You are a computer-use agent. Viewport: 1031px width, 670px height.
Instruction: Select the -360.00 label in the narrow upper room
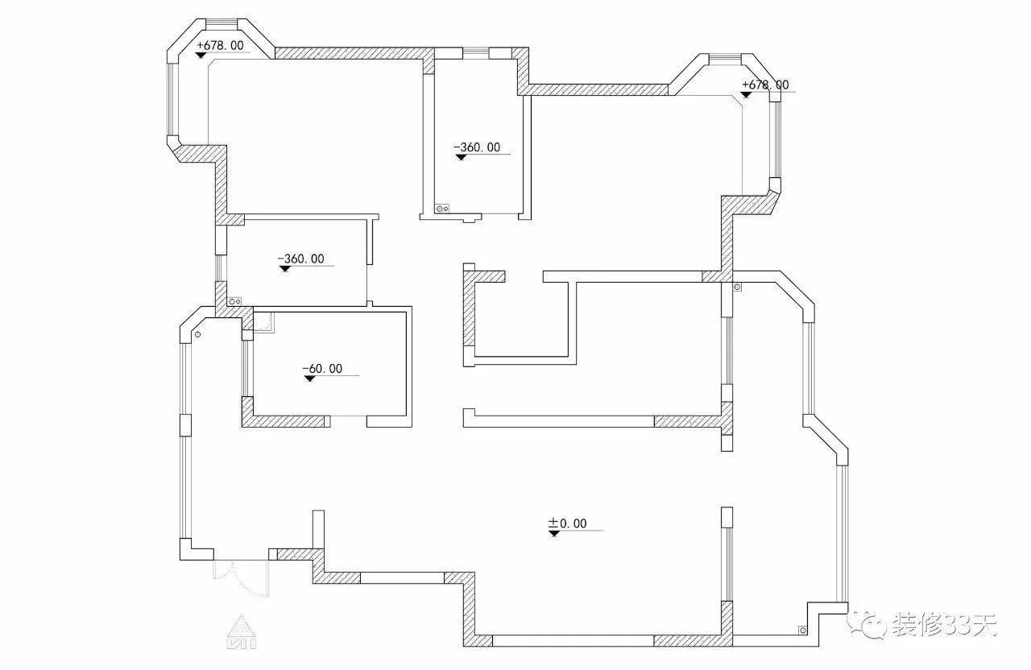click(x=477, y=147)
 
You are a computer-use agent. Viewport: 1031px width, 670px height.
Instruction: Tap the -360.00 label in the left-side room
click(x=300, y=258)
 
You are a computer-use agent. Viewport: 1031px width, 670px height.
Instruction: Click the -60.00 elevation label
click(x=322, y=369)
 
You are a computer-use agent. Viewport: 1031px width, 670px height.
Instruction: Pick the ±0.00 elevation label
click(x=568, y=523)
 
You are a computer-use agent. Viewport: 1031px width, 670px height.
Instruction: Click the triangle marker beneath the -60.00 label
click(x=308, y=378)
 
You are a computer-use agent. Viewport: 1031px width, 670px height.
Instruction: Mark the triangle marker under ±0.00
click(x=553, y=533)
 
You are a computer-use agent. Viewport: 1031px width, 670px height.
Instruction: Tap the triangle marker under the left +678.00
click(x=201, y=55)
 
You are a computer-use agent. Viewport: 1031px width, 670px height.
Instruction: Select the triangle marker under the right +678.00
click(x=747, y=94)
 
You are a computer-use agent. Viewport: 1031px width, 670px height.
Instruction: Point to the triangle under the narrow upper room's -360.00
click(x=460, y=157)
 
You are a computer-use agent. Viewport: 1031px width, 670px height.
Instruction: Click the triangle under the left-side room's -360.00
click(x=284, y=269)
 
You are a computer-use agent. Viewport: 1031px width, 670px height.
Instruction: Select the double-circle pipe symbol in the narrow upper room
click(x=441, y=209)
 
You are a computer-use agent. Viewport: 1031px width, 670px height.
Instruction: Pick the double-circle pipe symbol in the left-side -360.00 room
click(x=235, y=300)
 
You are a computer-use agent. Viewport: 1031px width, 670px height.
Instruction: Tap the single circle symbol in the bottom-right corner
click(x=802, y=630)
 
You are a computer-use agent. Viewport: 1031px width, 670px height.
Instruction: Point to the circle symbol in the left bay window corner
click(x=197, y=333)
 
